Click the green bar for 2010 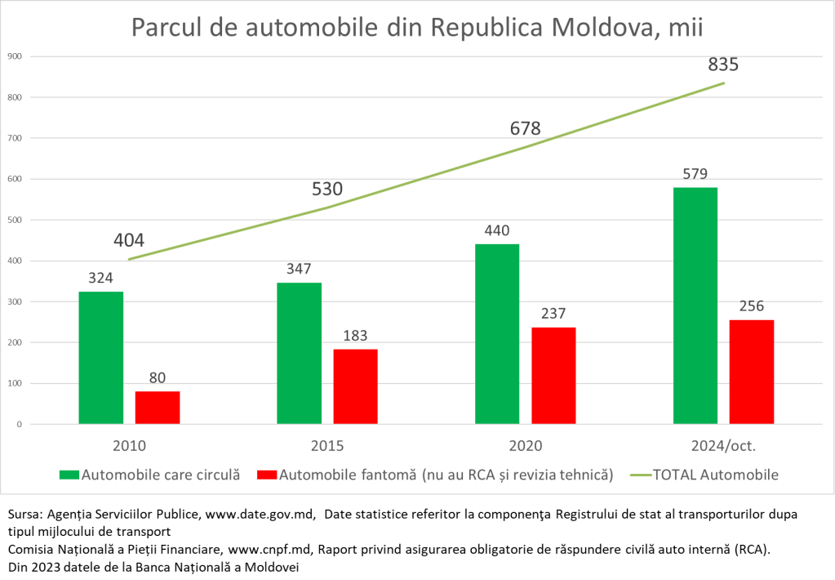coord(101,358)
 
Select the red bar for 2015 coord(355,386)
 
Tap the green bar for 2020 coord(497,334)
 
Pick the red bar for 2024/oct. coord(751,372)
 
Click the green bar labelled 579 coord(695,306)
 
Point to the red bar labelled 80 coord(158,408)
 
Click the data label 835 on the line coord(723,65)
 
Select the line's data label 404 coord(129,240)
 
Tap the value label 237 coord(553,314)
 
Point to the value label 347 coord(299,269)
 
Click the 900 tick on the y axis coord(15,56)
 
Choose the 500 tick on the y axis coord(15,220)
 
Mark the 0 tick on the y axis coord(19,425)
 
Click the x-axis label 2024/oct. coord(723,446)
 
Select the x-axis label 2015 coord(326,446)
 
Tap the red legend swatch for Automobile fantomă coord(266,475)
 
